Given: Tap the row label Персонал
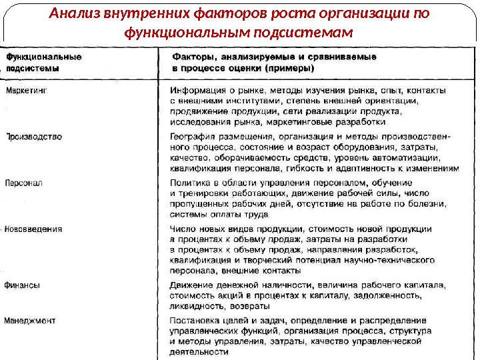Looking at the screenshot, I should tap(24, 182).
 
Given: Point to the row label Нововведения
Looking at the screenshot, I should tap(33, 229).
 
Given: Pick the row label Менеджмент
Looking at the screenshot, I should tap(30, 321).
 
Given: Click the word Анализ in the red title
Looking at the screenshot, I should tap(75, 14).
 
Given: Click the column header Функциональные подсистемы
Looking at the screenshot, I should tap(44, 62).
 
